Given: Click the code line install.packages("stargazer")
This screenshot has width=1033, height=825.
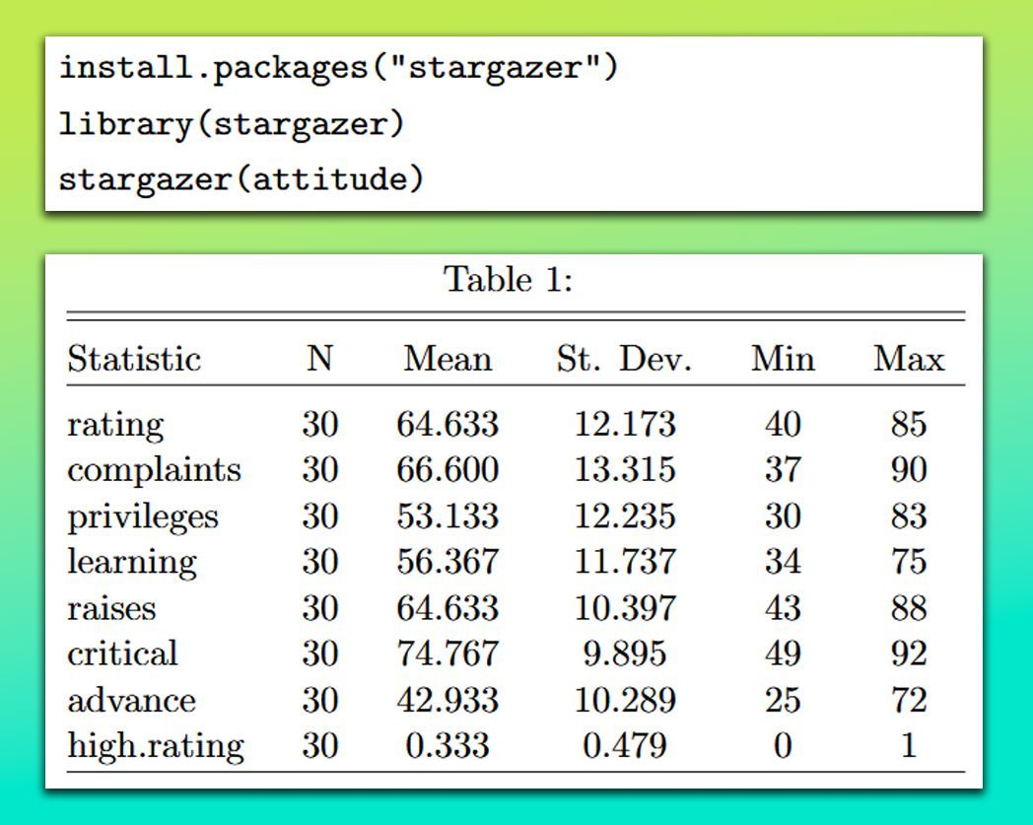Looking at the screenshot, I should coord(337,69).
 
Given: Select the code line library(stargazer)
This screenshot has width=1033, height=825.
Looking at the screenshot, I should coord(232,124).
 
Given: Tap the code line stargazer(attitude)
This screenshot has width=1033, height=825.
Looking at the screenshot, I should coord(241,179).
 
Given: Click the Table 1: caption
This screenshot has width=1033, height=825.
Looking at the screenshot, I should coord(509,279).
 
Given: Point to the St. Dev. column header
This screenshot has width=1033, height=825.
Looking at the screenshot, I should coord(624,359).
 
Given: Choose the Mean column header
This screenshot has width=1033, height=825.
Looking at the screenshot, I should coord(447,359).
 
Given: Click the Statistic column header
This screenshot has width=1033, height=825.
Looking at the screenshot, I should coord(134,359).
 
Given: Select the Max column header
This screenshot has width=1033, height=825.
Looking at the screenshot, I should coord(908,359).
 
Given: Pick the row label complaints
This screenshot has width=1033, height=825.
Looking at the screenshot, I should coord(154,470).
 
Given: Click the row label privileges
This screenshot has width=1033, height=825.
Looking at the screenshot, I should coord(143,516).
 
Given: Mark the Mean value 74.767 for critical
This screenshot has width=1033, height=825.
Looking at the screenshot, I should coord(448,653).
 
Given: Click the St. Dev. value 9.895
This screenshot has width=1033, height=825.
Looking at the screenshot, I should coord(625,653).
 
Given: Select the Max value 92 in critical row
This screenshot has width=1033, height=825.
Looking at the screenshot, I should coord(908,653).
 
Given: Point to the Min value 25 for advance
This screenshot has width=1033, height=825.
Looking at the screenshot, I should coord(783,700).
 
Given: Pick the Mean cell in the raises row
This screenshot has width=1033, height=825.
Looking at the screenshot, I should coord(448,608).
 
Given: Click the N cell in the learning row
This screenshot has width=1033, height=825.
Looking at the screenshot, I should coord(319,562).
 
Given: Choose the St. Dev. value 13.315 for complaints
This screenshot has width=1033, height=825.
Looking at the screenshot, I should coord(625,470).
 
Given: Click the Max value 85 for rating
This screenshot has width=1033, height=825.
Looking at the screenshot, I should coord(908,425).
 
